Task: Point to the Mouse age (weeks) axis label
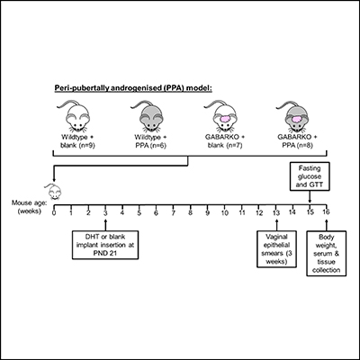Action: (27, 208)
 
